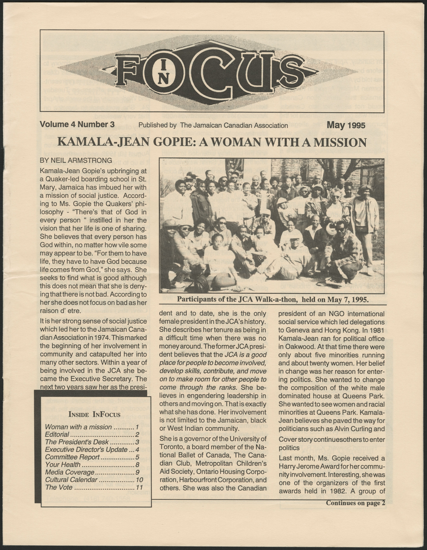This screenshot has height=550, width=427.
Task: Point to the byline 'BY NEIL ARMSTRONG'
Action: [76, 160]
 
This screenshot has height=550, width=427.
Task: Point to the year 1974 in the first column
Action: [105, 338]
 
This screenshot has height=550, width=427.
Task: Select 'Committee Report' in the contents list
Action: [72, 450]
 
